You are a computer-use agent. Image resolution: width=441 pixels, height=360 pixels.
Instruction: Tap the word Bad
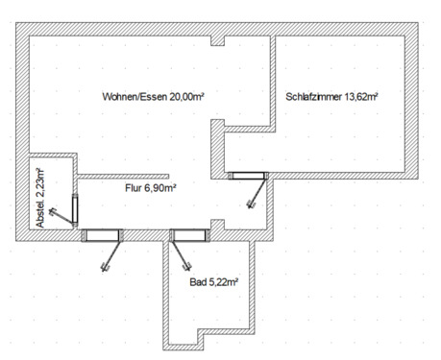click(198, 283)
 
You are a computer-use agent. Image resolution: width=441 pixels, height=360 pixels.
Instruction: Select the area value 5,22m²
click(223, 283)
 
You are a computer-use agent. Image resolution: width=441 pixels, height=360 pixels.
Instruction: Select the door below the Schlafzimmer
click(247, 176)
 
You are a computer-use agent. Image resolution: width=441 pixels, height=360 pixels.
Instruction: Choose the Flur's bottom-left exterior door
click(100, 234)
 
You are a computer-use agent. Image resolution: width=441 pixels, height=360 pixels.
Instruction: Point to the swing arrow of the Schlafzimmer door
click(255, 195)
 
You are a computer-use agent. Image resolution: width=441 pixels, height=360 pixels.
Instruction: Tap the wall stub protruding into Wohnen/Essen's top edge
click(218, 41)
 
